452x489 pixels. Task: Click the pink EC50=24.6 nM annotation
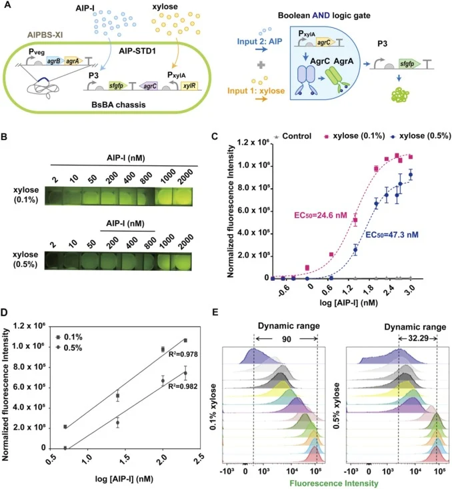click(321, 215)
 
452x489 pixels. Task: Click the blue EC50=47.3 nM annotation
click(392, 235)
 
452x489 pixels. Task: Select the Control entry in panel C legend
click(293, 136)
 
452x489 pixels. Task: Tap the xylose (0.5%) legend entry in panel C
click(421, 136)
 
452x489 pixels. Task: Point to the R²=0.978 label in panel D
click(183, 354)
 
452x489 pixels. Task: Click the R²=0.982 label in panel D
click(183, 386)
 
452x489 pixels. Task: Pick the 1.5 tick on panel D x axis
click(125, 460)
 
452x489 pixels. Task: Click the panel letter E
click(215, 312)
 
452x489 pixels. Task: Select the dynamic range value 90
click(286, 339)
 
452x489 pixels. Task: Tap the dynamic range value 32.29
click(418, 338)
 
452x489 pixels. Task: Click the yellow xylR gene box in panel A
click(189, 86)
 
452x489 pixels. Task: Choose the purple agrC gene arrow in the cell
click(149, 86)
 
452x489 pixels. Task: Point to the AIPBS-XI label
click(45, 35)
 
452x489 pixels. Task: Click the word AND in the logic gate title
click(321, 15)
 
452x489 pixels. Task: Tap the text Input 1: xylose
click(256, 91)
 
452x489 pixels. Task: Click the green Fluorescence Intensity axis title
click(334, 484)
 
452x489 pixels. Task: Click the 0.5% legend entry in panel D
click(69, 348)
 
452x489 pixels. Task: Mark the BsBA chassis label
click(119, 105)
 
